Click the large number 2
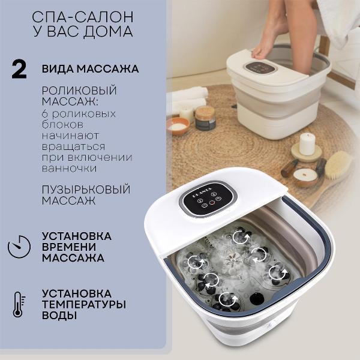(x=19, y=69)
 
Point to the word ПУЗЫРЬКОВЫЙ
(x=86, y=189)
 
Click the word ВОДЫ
(x=59, y=316)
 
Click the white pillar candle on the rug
(x=307, y=144)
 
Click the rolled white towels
(x=191, y=98)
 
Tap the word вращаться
(x=74, y=146)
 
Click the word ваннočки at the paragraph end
(x=70, y=168)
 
